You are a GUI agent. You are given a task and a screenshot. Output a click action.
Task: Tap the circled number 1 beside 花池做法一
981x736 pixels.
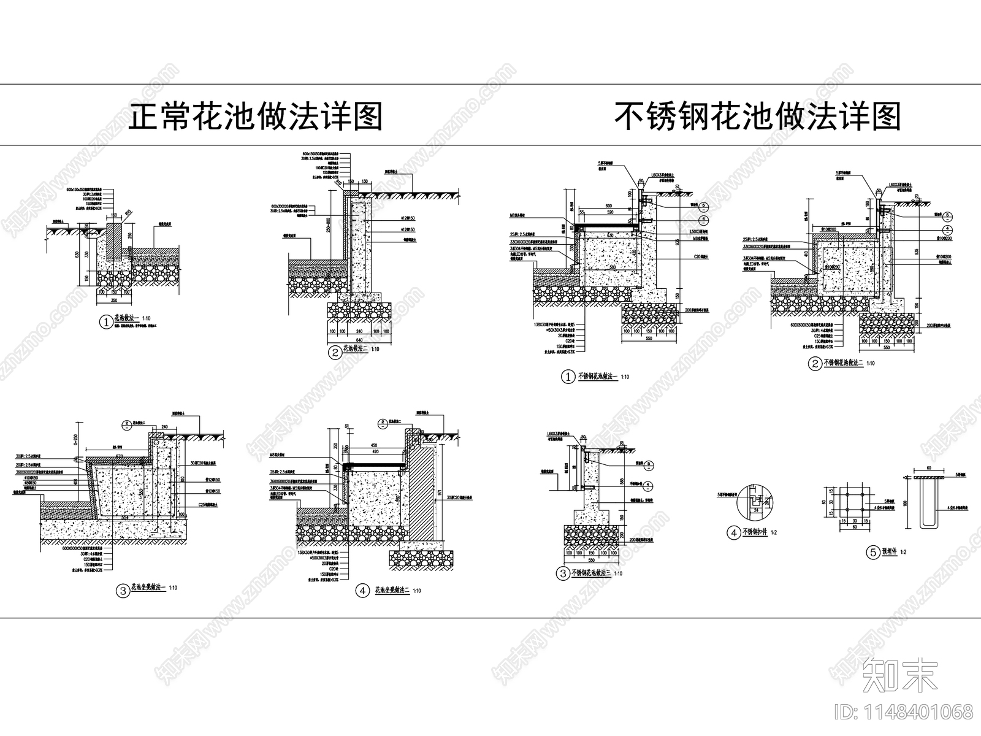pyautogui.click(x=104, y=320)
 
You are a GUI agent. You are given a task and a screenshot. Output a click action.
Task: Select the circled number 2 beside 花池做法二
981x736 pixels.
pyautogui.click(x=335, y=352)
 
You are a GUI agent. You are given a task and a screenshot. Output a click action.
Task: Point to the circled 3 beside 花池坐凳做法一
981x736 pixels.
pyautogui.click(x=123, y=591)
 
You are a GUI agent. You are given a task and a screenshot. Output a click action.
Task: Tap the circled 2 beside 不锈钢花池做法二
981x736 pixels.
pyautogui.click(x=815, y=364)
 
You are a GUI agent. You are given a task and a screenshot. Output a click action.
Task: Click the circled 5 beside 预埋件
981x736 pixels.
pyautogui.click(x=872, y=553)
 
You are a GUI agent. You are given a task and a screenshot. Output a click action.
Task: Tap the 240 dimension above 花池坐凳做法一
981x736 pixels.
pyautogui.click(x=164, y=426)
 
